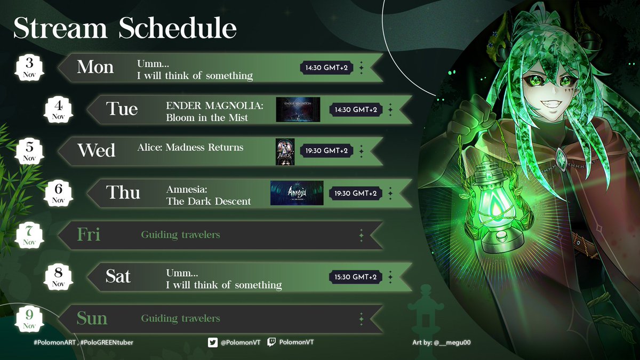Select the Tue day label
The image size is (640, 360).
click(x=122, y=109)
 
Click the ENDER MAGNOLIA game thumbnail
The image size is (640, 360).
click(x=298, y=109)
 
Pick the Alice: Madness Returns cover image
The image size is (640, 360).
click(x=285, y=151)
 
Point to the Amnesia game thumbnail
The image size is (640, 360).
click(x=297, y=193)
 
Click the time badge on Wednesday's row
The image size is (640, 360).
click(x=326, y=151)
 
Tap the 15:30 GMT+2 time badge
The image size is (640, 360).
click(x=356, y=277)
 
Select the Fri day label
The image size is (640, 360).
click(x=89, y=235)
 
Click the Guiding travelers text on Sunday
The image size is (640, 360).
click(x=180, y=318)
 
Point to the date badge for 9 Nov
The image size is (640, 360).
click(x=29, y=318)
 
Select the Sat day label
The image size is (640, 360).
click(x=118, y=276)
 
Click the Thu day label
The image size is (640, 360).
click(x=123, y=193)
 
